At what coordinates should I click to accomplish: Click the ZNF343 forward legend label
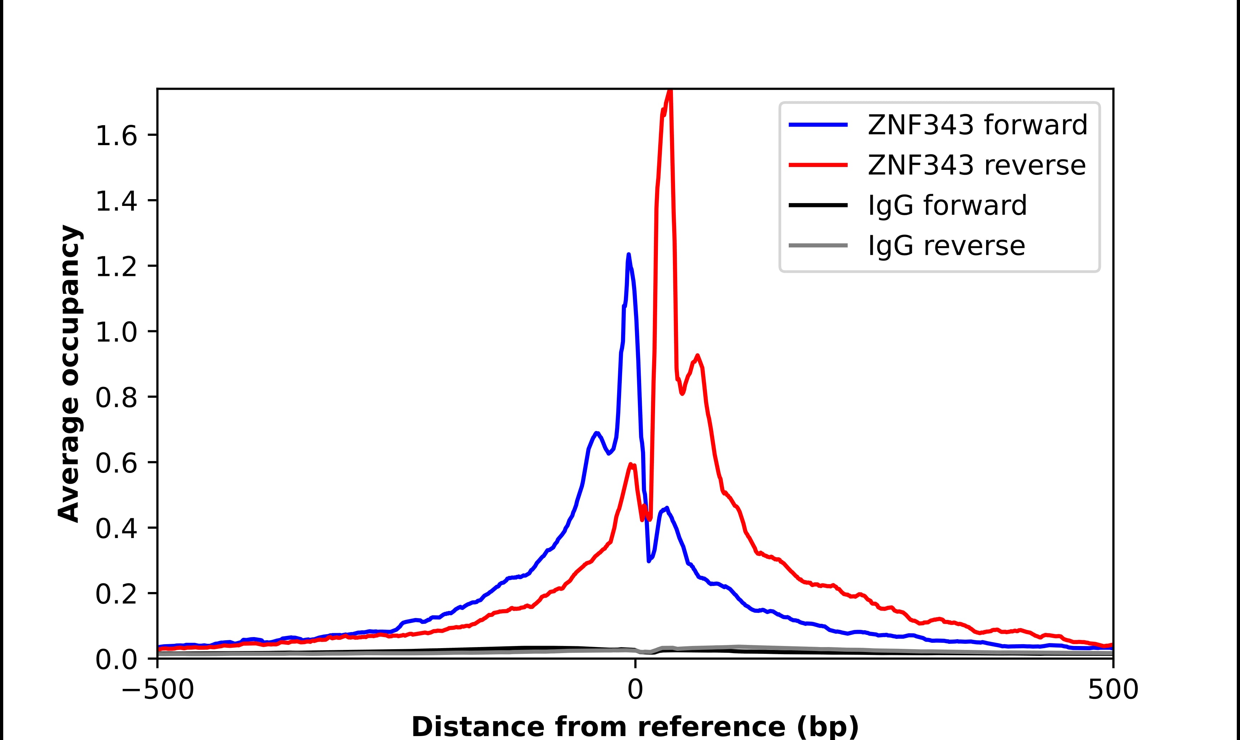point(977,125)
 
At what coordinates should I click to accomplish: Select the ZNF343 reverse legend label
point(976,165)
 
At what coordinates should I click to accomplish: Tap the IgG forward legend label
point(947,206)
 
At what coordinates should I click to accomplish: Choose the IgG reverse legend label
point(946,246)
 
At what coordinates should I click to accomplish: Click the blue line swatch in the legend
point(818,125)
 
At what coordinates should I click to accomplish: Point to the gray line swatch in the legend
point(818,245)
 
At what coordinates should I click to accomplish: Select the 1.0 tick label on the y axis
point(116,332)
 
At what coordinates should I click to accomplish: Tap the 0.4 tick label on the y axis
point(116,529)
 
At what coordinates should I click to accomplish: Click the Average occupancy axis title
point(69,374)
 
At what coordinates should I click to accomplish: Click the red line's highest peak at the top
point(671,91)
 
